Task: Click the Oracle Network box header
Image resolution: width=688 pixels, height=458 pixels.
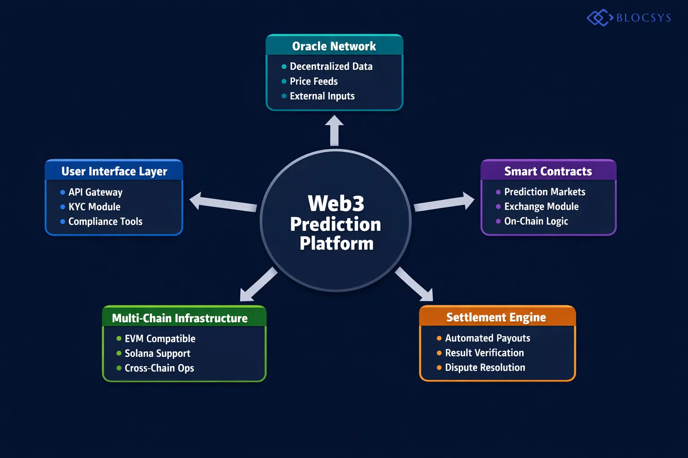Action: (334, 46)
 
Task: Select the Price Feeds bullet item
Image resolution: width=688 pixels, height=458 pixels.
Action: (314, 81)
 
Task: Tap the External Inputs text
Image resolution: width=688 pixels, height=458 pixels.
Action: (322, 96)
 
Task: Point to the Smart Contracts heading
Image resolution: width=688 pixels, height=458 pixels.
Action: (548, 171)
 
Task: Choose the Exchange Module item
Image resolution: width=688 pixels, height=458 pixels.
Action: (541, 207)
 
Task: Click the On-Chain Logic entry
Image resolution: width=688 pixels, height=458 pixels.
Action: (536, 221)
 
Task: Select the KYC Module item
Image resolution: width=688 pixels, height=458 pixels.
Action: (94, 207)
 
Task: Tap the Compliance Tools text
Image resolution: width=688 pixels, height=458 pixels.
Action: (105, 222)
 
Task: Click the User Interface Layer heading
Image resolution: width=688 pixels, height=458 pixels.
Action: (114, 171)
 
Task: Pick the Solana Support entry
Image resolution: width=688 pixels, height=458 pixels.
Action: (157, 353)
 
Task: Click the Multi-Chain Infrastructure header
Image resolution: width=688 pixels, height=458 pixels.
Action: (180, 318)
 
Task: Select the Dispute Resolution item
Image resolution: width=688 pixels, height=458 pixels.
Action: (485, 368)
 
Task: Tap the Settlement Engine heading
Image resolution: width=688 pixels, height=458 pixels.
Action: (496, 317)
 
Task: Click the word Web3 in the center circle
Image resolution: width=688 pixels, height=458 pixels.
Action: (336, 204)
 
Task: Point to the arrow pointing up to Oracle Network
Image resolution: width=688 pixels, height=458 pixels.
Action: (334, 130)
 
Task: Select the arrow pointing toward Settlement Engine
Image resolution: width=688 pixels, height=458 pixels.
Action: (414, 284)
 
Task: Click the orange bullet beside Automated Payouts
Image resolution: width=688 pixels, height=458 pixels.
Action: (439, 339)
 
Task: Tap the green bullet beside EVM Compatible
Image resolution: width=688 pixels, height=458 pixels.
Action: (119, 339)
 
